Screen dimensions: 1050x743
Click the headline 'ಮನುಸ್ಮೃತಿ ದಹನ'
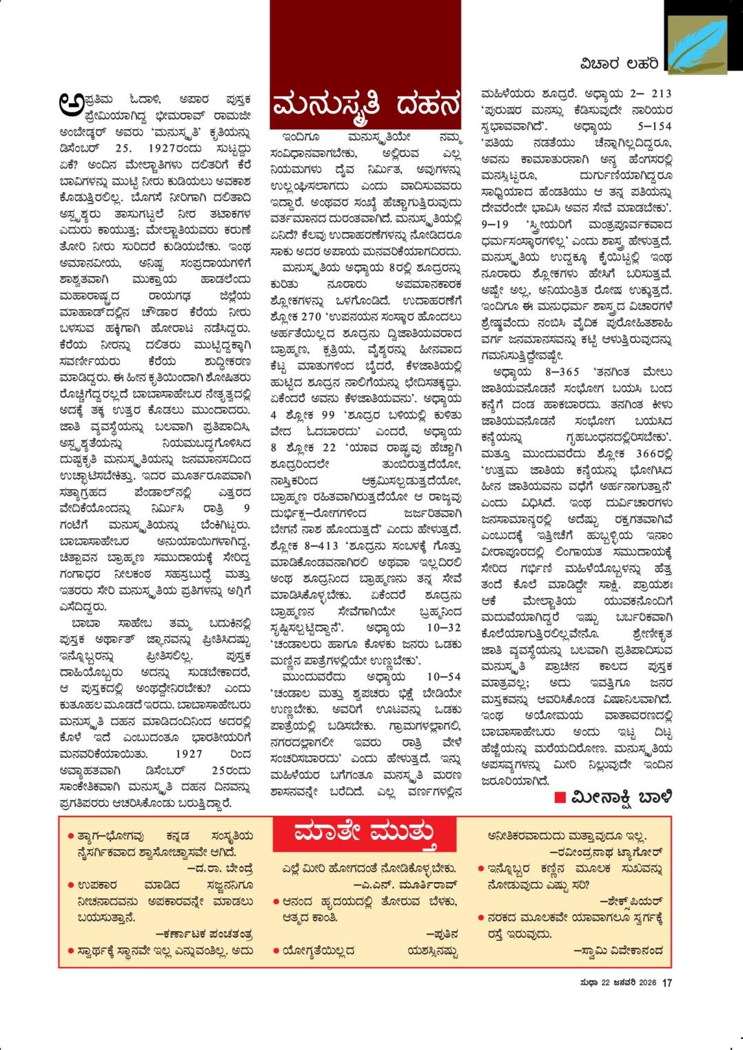pyautogui.click(x=365, y=107)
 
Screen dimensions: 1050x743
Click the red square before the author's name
pyautogui.click(x=560, y=797)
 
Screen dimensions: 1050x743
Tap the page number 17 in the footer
pyautogui.click(x=666, y=983)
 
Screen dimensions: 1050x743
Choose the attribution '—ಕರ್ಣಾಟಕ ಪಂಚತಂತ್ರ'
pyautogui.click(x=204, y=934)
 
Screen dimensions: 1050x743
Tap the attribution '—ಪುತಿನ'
pyautogui.click(x=442, y=934)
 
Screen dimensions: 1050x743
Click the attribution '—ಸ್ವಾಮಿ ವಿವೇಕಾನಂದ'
pyautogui.click(x=618, y=951)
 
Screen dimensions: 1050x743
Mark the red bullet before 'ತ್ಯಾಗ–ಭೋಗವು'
pyautogui.click(x=71, y=836)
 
